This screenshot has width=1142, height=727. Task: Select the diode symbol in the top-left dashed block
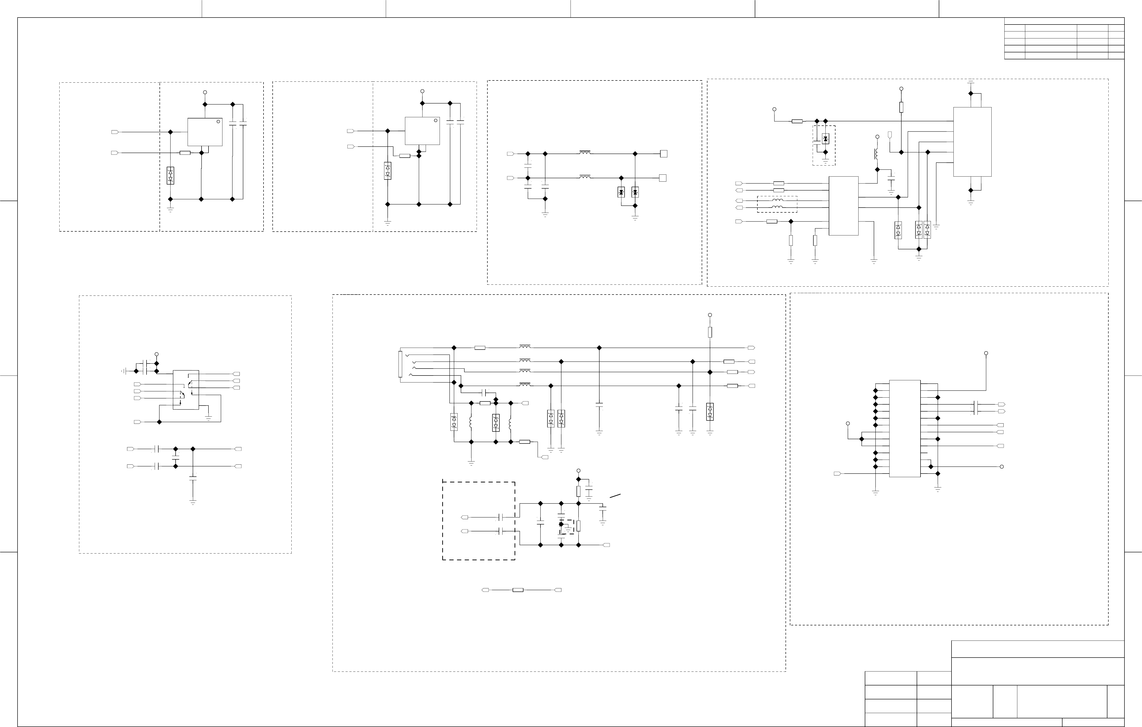(170, 175)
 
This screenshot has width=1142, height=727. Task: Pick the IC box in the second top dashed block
(422, 131)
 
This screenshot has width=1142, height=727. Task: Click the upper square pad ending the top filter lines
(663, 154)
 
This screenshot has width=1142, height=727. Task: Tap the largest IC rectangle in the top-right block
(972, 142)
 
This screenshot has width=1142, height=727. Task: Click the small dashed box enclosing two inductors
(777, 204)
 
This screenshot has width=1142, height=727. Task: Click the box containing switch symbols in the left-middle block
(185, 390)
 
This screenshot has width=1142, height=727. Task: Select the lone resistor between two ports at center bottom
(518, 590)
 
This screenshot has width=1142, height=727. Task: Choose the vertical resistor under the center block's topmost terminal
(710, 332)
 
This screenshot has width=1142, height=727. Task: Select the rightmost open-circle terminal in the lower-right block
(1002, 467)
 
